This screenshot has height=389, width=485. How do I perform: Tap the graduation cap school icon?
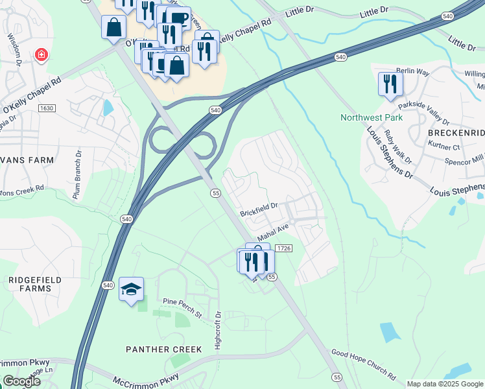[x=131, y=290]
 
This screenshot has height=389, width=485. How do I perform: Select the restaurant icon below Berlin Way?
[x=390, y=84]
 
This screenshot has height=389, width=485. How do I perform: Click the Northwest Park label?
[x=372, y=117]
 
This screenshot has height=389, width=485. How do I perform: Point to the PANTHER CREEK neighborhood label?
[x=163, y=349]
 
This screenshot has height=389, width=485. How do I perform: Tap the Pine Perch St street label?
[x=183, y=304]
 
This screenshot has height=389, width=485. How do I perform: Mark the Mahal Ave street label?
[x=273, y=231]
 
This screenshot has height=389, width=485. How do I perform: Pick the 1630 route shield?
[x=47, y=108]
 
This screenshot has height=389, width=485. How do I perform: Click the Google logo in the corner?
[x=21, y=381]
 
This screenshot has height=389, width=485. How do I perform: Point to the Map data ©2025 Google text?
[x=444, y=384]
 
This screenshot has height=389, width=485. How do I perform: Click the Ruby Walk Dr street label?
[x=396, y=147]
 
